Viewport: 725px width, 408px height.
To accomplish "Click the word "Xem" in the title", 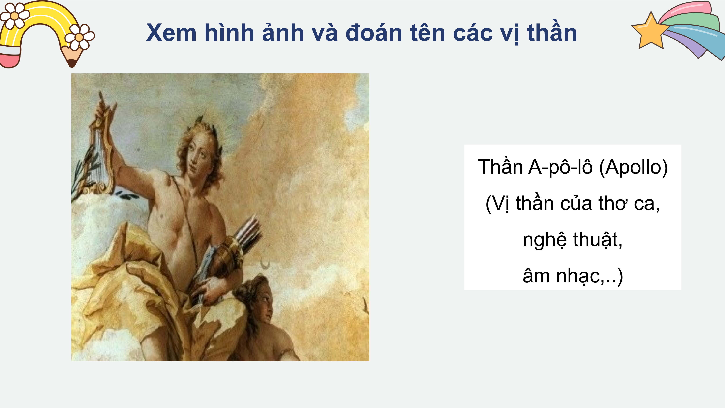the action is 171,33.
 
